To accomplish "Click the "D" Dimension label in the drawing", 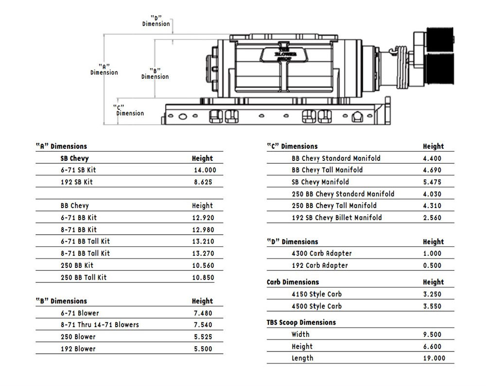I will pyautogui.click(x=156, y=20).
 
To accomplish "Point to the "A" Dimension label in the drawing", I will pyautogui.click(x=104, y=69).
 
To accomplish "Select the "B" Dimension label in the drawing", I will pyautogui.click(x=155, y=73).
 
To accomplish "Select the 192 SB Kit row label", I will pyautogui.click(x=76, y=182).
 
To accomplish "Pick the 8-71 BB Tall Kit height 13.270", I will pyautogui.click(x=203, y=253).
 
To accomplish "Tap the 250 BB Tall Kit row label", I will pyautogui.click(x=83, y=277).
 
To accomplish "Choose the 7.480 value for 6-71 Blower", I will pyautogui.click(x=203, y=314).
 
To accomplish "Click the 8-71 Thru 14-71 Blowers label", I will pyautogui.click(x=100, y=325).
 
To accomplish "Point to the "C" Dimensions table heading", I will pyautogui.click(x=292, y=146).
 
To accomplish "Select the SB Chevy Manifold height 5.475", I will pyautogui.click(x=432, y=182).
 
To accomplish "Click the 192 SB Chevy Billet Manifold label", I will pyautogui.click(x=337, y=218).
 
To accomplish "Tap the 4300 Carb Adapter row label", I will pyautogui.click(x=322, y=253).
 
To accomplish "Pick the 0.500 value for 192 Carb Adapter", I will pyautogui.click(x=432, y=265).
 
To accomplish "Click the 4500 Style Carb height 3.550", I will pyautogui.click(x=432, y=306).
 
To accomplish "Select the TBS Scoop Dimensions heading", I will pyautogui.click(x=301, y=322).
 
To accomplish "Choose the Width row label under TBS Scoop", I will pyautogui.click(x=300, y=334).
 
